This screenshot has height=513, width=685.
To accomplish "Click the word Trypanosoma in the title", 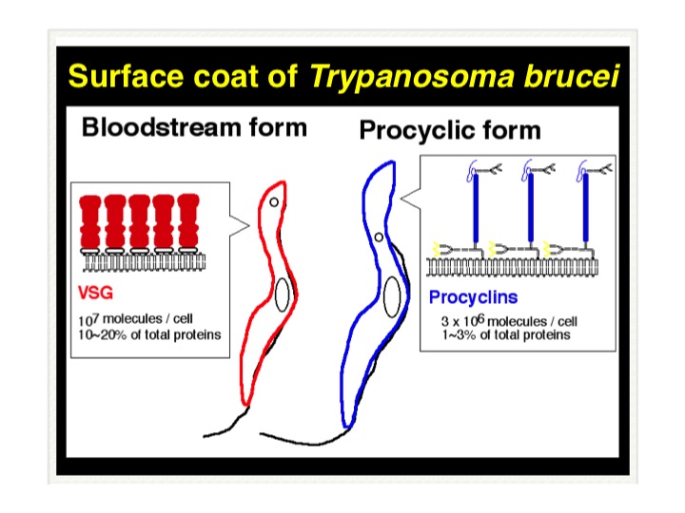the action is pos(412,77).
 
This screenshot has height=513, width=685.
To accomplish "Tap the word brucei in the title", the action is pos(572,76).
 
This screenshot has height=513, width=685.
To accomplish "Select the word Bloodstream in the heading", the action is pos(162,127).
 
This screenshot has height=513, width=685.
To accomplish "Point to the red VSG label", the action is pos(95,293).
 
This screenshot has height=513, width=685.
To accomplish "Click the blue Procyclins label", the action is pos(473,297).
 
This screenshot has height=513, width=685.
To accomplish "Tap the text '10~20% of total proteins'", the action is pos(149,334).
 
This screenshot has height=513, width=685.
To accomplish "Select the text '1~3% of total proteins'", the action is pos(506,335).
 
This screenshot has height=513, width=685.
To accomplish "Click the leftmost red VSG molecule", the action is pos(90,221).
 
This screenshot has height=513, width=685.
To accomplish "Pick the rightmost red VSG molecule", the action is pos(188,221).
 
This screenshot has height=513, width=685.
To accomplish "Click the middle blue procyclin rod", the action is pos(531,208).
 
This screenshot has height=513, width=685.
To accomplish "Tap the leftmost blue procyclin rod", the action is pos(476,208).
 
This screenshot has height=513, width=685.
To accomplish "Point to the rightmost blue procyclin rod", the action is pos(585,208).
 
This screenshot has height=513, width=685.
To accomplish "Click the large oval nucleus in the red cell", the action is pos(283,294).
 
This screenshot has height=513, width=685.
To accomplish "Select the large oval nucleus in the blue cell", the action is pos(392,296).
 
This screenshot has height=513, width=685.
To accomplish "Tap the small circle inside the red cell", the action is pos(274,202).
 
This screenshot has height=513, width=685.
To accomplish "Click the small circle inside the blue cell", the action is pos(379,237).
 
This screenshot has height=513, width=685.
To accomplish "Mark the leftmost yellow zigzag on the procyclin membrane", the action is pos(436,249).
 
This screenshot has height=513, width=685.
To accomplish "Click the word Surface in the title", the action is pos(127,76).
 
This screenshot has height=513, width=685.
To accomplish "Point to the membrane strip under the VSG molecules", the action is pos(145,262).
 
